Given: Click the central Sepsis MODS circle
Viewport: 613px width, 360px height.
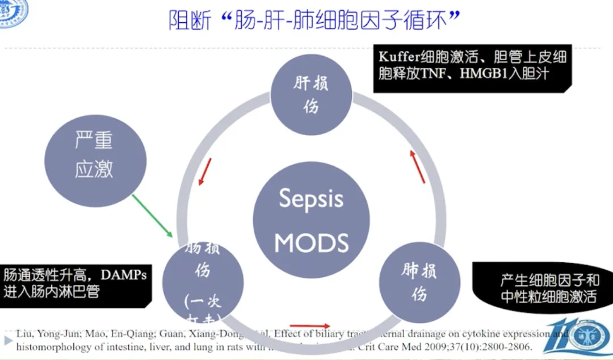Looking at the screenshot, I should (x=311, y=220).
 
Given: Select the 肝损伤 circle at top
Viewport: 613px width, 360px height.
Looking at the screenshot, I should (x=310, y=94).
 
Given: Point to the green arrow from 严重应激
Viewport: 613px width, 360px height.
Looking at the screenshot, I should (x=152, y=216).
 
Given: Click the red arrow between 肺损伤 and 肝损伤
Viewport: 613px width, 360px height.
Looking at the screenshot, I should (x=417, y=166).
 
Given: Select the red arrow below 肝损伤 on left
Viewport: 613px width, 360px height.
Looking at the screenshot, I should (x=205, y=172).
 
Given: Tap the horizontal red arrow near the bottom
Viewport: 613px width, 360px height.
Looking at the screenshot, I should (x=310, y=326).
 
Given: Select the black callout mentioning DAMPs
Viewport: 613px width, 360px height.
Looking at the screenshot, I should (x=77, y=283).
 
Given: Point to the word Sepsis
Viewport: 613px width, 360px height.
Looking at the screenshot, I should (x=311, y=199).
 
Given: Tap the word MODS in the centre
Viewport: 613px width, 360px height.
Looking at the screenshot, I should (x=311, y=242).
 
